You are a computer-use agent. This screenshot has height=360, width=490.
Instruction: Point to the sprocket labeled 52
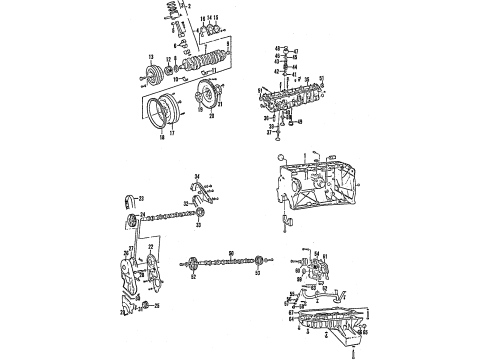[187, 265]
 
